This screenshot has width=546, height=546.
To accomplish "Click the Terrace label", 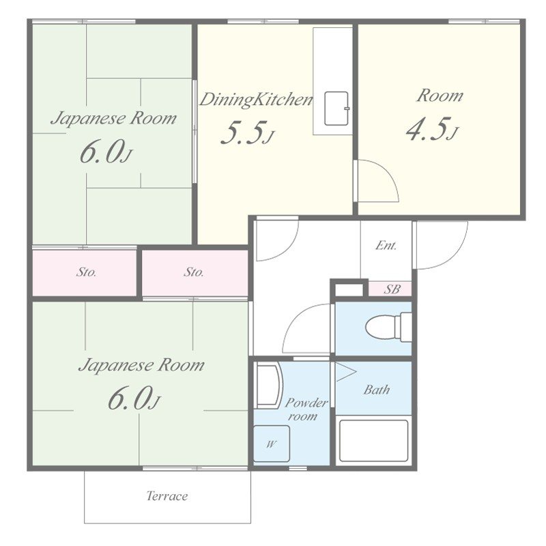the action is (x=167, y=495).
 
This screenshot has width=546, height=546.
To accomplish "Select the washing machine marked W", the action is (x=271, y=444).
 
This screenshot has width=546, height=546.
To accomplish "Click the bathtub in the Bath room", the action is (x=373, y=441).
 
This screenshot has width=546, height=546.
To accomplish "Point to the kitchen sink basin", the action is (x=336, y=109).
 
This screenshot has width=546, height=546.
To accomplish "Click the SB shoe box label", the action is (x=392, y=289).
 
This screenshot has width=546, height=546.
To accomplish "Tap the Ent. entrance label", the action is (x=386, y=246).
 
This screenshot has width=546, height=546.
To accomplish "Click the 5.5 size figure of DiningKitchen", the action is (x=246, y=132).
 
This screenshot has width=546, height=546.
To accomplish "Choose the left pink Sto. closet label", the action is (x=86, y=272).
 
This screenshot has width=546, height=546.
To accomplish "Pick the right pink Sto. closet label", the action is (x=194, y=272).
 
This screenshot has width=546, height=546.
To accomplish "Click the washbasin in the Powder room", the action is (x=268, y=385).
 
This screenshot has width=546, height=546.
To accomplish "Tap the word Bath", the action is (x=377, y=390).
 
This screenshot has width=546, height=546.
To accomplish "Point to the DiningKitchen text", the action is (x=256, y=100).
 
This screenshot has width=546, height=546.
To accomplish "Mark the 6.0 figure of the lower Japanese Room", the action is (x=134, y=399).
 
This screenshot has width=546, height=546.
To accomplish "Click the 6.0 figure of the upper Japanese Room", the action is (x=106, y=152).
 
